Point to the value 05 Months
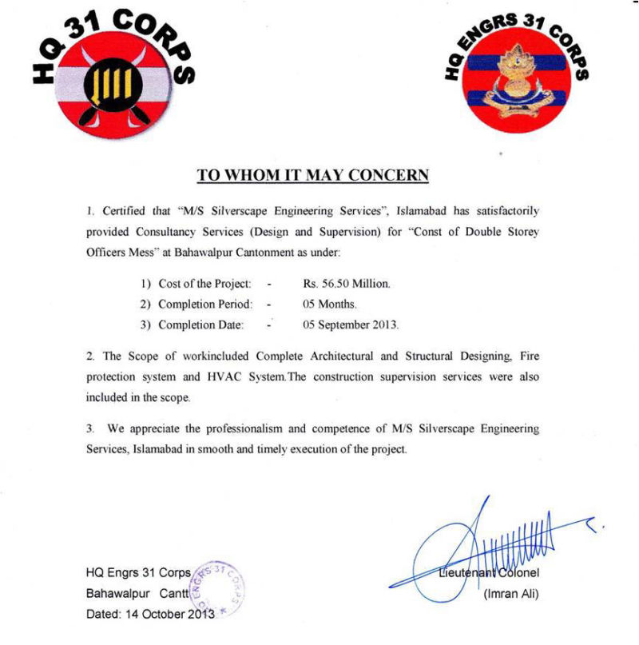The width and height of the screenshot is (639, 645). (329, 305)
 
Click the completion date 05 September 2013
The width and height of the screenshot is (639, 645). (350, 324)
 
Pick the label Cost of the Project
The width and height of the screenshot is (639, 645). (204, 284)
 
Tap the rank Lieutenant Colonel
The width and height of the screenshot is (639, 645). (489, 572)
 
